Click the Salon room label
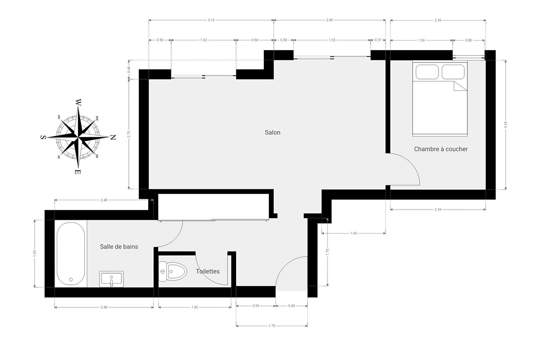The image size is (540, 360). pyautogui.click(x=273, y=132)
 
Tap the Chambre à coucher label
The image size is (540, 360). pyautogui.click(x=441, y=149)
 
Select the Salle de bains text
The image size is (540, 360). pyautogui.click(x=119, y=247)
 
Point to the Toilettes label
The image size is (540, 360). pyautogui.click(x=208, y=271)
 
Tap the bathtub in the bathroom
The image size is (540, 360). pyautogui.click(x=71, y=254)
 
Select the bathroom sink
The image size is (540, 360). pyautogui.click(x=111, y=279)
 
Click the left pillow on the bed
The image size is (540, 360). pyautogui.click(x=427, y=72)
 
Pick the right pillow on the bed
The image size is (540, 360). pyautogui.click(x=453, y=72)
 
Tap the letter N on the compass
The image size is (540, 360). pyautogui.click(x=113, y=137)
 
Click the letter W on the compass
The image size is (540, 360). pyautogui.click(x=78, y=102)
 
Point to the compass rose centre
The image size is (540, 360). pyautogui.click(x=78, y=137)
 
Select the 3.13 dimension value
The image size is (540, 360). pyautogui.click(x=211, y=20)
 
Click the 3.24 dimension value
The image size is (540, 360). pyautogui.click(x=505, y=125)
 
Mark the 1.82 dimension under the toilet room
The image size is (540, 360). pyautogui.click(x=195, y=307)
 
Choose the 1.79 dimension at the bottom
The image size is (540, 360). pyautogui.click(x=272, y=326)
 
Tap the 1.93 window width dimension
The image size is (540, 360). pyautogui.click(x=332, y=40)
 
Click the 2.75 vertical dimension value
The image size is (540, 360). pyautogui.click(x=129, y=134)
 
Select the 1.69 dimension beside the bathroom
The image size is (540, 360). pyautogui.click(x=35, y=253)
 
